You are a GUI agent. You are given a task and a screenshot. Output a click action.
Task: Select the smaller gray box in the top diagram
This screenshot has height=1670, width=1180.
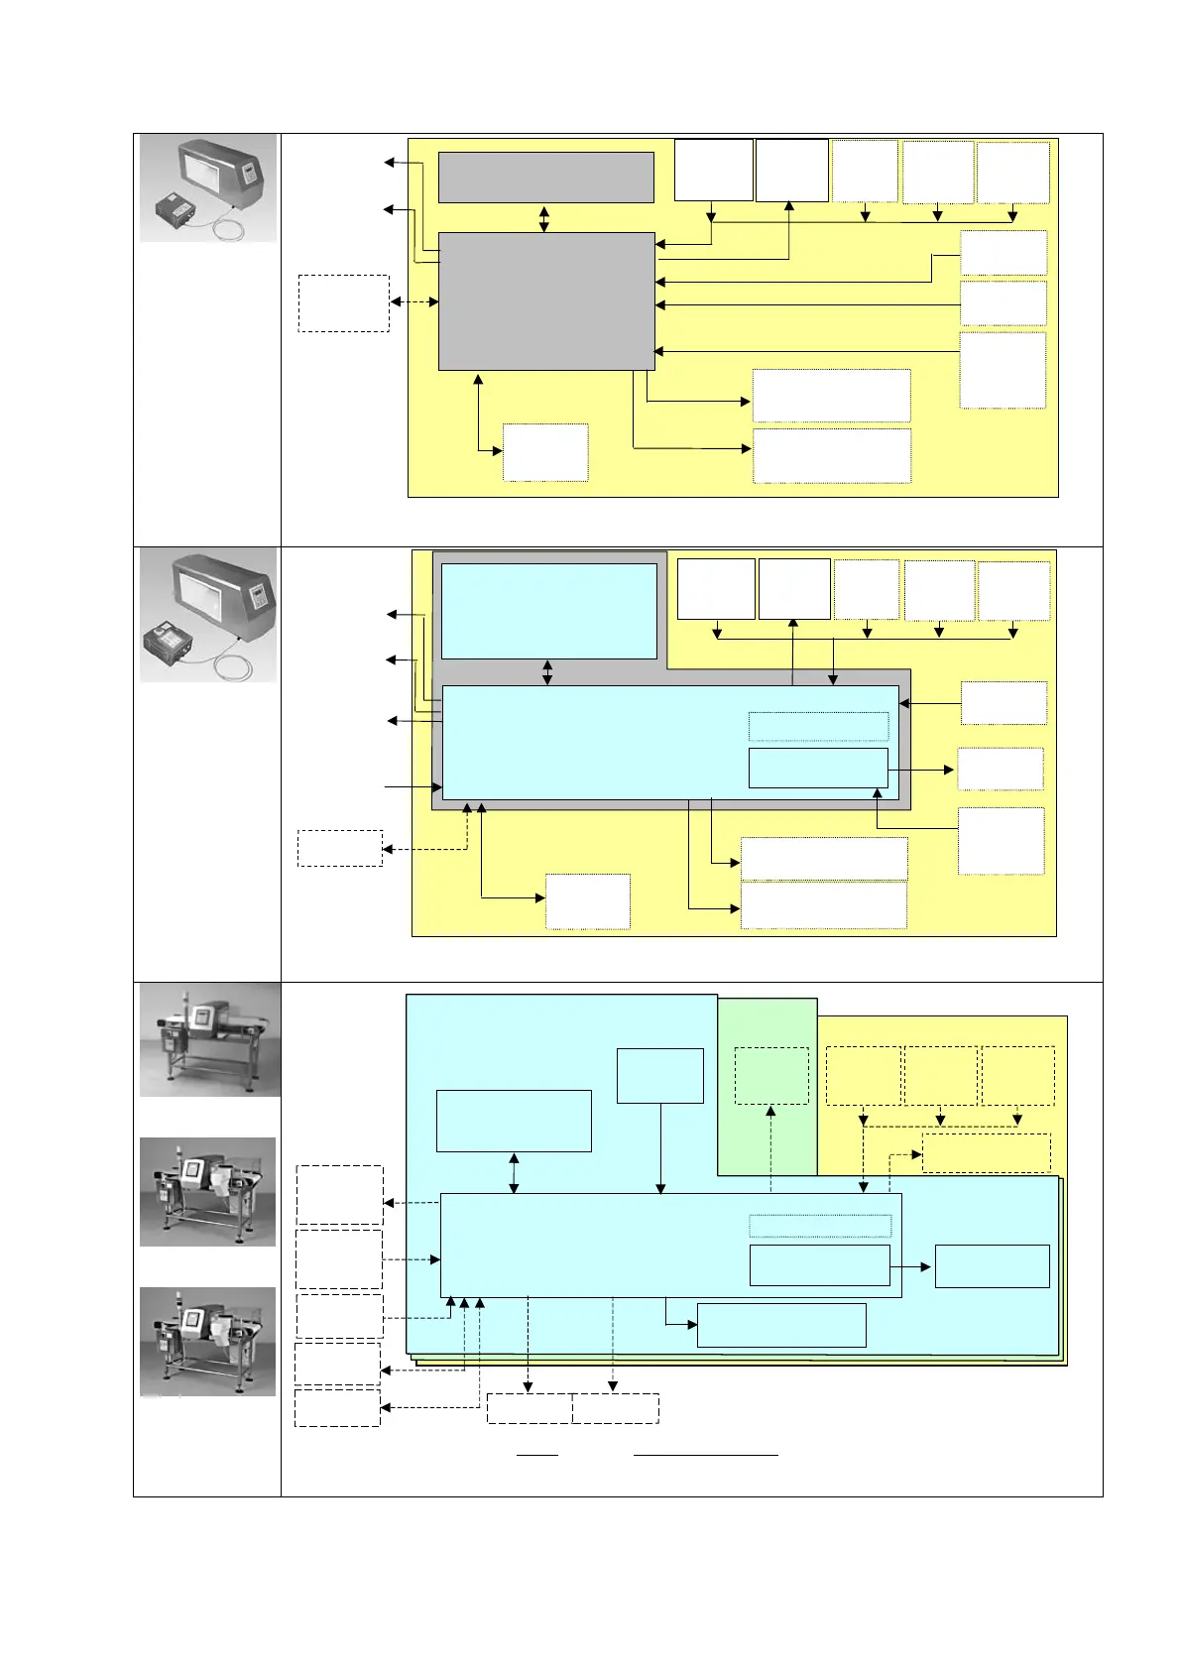pos(545,178)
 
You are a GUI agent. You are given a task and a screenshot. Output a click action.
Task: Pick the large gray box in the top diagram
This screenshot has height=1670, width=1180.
pos(546,301)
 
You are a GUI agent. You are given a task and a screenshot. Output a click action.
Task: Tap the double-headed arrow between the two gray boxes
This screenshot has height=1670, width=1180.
pos(543,218)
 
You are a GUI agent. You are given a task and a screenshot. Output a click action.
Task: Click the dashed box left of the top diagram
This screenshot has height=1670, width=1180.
pos(343,302)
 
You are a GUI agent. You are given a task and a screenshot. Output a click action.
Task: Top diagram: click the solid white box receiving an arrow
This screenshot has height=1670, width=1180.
pos(791,171)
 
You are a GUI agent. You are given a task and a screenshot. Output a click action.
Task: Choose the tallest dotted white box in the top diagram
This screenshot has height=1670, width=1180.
pos(1003,370)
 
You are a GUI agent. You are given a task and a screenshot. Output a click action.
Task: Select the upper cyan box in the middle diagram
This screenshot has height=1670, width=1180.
pos(548,611)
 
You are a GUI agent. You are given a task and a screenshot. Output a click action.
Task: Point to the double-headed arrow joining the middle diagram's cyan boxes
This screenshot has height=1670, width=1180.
pos(547,672)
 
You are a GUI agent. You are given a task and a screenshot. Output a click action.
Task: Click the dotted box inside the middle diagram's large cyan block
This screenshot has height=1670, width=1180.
pos(818,727)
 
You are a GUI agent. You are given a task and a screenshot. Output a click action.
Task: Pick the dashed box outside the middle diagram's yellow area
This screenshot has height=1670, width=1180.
pos(340,849)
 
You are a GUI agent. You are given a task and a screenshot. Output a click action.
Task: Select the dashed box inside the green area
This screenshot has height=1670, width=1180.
pos(771,1076)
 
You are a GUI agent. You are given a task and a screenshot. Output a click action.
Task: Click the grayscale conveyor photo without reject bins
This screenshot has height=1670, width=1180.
pos(209,1039)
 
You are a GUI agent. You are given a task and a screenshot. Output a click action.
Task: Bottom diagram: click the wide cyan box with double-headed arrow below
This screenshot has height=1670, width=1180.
pos(514,1121)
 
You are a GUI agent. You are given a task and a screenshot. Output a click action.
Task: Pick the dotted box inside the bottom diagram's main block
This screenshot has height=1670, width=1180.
pos(820,1226)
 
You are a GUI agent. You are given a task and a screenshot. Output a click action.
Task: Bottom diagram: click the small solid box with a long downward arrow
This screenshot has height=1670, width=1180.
pos(660,1076)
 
